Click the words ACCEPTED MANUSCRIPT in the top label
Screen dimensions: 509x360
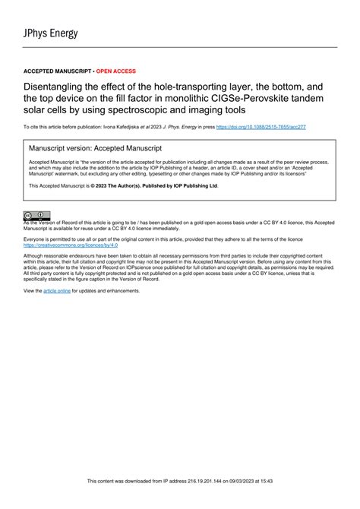[x=54, y=71]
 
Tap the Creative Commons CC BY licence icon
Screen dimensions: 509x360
[x=37, y=216]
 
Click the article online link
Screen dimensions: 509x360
[x=57, y=291]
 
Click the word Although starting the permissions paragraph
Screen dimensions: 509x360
[x=36, y=257]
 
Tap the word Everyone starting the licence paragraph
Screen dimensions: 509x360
[x=37, y=239]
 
